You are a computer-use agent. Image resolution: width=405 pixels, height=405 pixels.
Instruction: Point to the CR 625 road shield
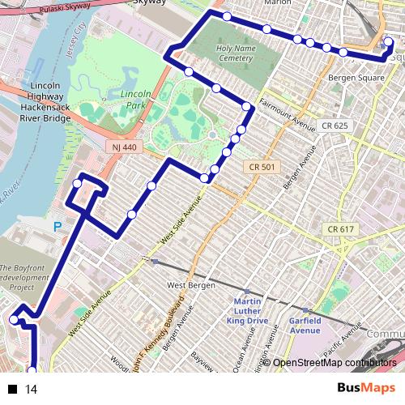[333, 126]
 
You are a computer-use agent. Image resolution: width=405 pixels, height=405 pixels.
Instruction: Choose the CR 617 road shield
[341, 229]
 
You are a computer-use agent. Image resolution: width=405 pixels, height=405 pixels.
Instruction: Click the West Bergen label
[188, 285]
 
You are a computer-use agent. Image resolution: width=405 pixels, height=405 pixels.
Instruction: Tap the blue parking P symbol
[57, 228]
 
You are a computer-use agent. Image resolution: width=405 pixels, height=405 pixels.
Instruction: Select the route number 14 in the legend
[32, 390]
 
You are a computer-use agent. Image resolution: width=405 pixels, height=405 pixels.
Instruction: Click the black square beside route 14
[13, 390]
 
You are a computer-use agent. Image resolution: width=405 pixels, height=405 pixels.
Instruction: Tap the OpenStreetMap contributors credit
[335, 363]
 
